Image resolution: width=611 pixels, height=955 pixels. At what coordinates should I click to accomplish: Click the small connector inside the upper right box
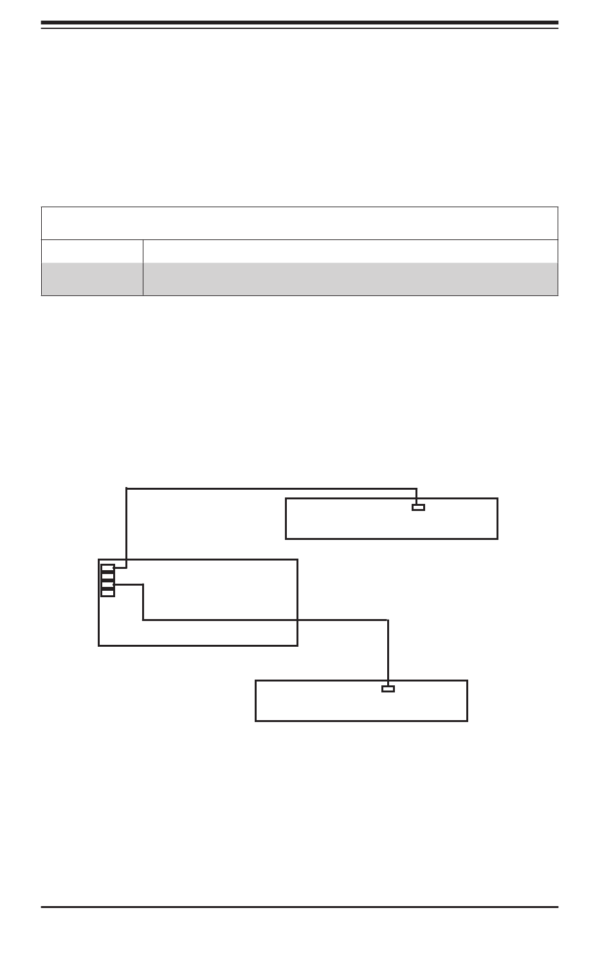[x=418, y=507]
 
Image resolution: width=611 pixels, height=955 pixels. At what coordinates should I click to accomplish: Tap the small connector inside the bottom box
[x=388, y=689]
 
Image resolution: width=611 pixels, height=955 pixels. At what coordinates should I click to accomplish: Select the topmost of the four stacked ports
[x=107, y=568]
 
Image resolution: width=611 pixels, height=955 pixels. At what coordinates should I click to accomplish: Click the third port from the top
[x=107, y=584]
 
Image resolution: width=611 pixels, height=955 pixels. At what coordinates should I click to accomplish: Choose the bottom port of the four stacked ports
[x=107, y=592]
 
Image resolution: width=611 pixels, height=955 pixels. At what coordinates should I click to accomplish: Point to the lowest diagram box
[x=322, y=705]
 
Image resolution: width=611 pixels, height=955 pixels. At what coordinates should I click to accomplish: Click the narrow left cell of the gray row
[x=92, y=279]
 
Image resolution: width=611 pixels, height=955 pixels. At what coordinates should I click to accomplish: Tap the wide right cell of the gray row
[x=350, y=279]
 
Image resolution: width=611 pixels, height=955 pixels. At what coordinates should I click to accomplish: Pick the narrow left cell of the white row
[x=92, y=251]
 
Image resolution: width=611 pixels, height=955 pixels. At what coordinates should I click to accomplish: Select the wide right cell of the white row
[x=350, y=251]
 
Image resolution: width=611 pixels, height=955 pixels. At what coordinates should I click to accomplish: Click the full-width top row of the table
[x=299, y=223]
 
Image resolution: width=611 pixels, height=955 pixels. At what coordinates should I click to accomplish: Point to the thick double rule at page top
[x=299, y=24]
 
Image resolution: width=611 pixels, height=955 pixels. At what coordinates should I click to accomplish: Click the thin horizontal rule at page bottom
[x=299, y=907]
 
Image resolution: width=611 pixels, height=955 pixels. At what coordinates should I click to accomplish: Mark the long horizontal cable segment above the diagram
[x=270, y=488]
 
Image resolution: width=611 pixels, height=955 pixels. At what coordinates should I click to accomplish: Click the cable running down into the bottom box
[x=388, y=650]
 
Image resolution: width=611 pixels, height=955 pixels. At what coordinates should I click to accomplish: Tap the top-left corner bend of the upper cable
[x=127, y=489]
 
